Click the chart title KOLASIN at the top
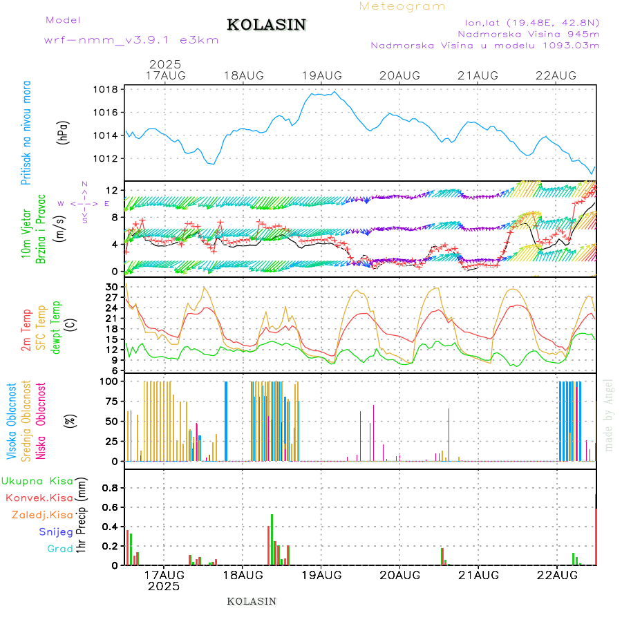(266, 25)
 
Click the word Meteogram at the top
(402, 6)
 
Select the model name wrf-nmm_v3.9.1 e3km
(131, 40)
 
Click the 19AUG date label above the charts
(322, 75)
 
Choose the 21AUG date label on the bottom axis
(478, 574)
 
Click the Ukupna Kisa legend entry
(37, 481)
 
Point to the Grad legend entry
(60, 549)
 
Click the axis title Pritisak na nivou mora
(27, 135)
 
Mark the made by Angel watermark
(609, 415)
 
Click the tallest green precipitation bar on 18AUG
(272, 539)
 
